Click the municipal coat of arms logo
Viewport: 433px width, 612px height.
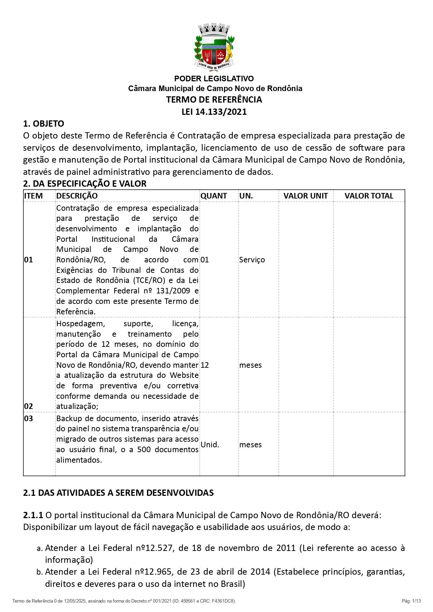214,47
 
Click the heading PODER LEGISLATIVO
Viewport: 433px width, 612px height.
214,79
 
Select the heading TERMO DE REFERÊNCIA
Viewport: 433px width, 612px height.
214,100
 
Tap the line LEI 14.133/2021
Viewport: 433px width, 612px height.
214,112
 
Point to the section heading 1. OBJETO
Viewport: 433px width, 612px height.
44,124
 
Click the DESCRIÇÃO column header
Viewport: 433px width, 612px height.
77,196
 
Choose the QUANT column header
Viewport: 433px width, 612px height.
214,196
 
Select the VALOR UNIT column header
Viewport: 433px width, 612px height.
306,196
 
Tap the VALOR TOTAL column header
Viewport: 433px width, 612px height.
369,196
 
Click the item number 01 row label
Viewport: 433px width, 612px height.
29,260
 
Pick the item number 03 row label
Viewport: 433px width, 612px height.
29,419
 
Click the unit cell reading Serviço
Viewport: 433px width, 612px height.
252,260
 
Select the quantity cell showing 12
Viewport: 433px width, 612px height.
205,365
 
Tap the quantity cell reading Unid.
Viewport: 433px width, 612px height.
210,445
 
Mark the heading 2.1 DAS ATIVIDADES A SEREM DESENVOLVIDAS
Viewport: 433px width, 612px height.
118,493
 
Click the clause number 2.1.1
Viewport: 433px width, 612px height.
33,515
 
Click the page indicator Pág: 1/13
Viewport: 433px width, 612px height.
411,601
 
